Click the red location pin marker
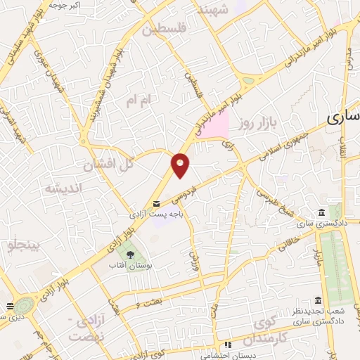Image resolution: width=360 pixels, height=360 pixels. tap(181, 165)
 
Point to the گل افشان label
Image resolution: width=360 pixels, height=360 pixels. tap(108, 166)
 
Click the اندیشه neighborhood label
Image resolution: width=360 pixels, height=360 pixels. tap(64, 188)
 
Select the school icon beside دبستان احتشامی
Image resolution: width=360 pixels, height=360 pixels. tap(227, 345)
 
